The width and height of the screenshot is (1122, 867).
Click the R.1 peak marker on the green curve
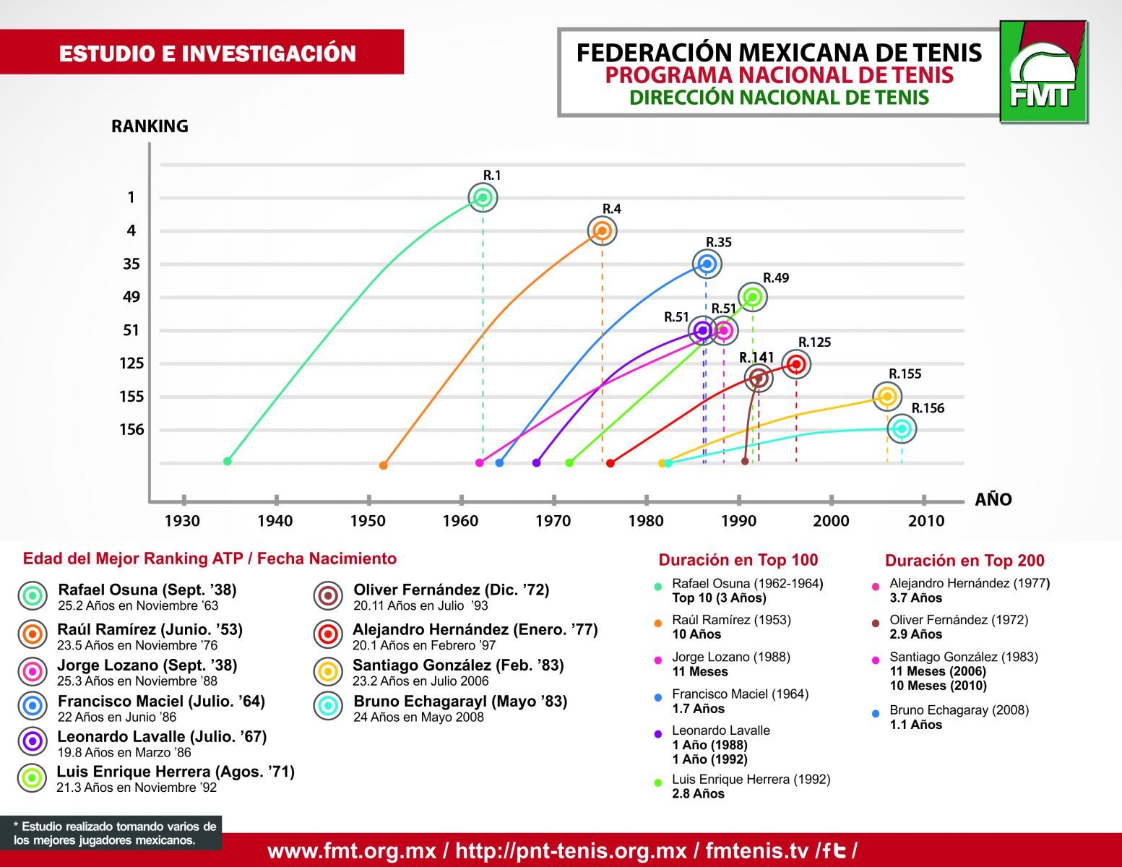pyautogui.click(x=483, y=197)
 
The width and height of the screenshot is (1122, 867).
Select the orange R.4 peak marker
pyautogui.click(x=602, y=231)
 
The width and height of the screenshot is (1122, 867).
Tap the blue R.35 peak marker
pyautogui.click(x=707, y=264)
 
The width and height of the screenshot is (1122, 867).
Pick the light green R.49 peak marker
pyautogui.click(x=753, y=297)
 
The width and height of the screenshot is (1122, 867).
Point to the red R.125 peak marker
pyautogui.click(x=796, y=364)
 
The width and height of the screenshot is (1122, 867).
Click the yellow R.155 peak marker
pyautogui.click(x=887, y=396)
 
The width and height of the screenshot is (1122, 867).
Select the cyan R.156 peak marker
pyautogui.click(x=901, y=429)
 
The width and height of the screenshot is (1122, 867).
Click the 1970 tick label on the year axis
pyautogui.click(x=553, y=521)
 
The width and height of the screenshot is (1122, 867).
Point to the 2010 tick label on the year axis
pyautogui.click(x=925, y=521)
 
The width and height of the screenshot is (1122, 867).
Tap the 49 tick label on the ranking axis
pyautogui.click(x=131, y=297)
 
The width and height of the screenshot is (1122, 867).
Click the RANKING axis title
pyautogui.click(x=150, y=126)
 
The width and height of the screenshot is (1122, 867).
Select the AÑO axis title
pyautogui.click(x=993, y=500)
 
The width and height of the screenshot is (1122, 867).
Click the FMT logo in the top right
pyautogui.click(x=1043, y=72)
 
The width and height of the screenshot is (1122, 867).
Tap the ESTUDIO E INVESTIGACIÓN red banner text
pyautogui.click(x=207, y=53)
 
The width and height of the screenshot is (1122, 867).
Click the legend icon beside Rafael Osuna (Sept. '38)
pyautogui.click(x=33, y=596)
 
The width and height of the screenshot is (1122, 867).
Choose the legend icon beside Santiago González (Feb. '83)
pyautogui.click(x=328, y=671)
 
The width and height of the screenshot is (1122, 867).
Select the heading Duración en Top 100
pyautogui.click(x=738, y=560)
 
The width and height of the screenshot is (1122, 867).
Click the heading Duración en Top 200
pyautogui.click(x=965, y=561)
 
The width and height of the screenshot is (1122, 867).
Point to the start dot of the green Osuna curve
pyautogui.click(x=228, y=461)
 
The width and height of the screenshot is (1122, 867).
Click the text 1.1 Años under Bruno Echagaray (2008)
pyautogui.click(x=915, y=725)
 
